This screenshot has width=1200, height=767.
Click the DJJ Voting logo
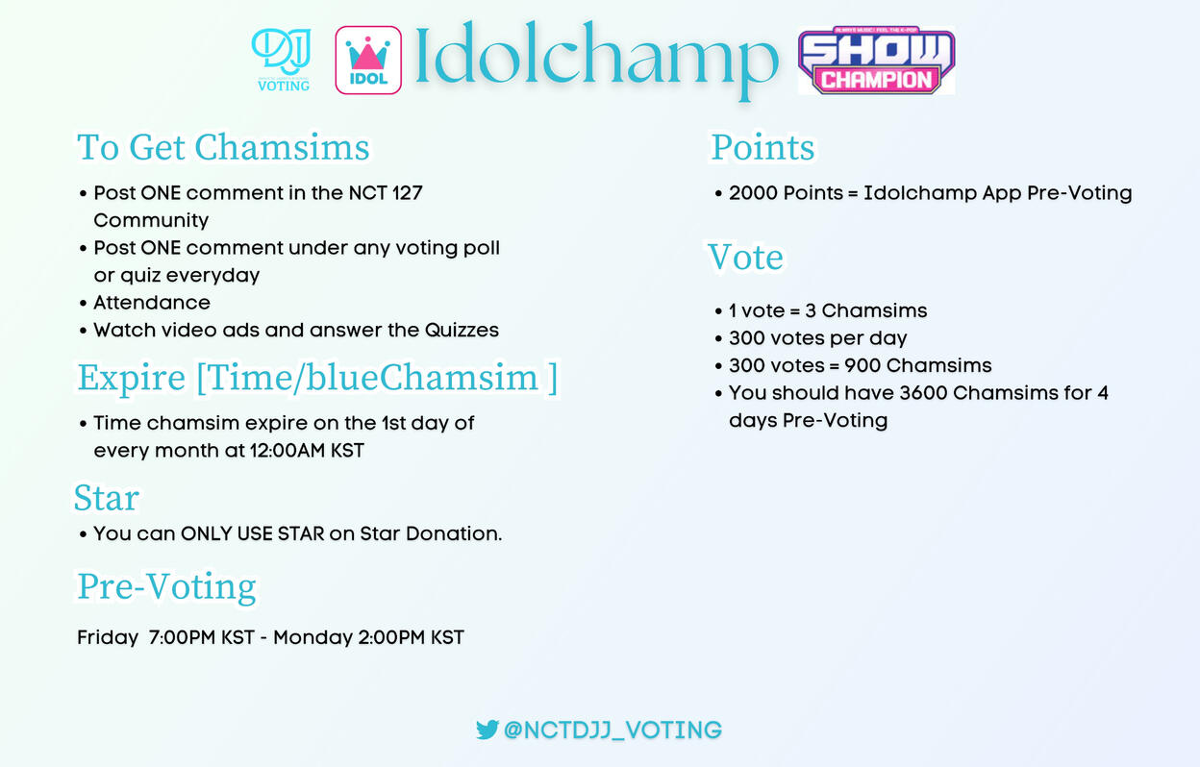pos(282,60)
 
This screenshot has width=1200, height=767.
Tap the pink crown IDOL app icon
pos(368,60)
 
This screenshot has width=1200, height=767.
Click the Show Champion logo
pos(876,61)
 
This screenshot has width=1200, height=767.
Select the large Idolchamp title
pos(597,59)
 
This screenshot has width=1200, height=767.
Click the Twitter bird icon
pos(487,730)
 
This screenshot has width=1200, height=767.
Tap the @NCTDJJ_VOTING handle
pos(612,730)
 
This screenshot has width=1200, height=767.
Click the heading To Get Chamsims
pos(223,147)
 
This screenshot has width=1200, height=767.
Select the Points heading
pos(762,147)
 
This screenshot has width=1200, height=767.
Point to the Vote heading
pos(745,257)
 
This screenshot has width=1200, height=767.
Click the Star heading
pos(107,498)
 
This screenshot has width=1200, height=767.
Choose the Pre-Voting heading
pos(166,586)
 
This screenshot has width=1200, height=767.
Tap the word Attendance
pos(152,303)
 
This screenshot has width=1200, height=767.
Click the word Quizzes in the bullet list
pos(462,330)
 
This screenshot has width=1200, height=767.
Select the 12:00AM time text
pos(287,451)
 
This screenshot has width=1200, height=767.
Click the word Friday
pos(108,637)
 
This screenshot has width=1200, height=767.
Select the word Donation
pos(454,533)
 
